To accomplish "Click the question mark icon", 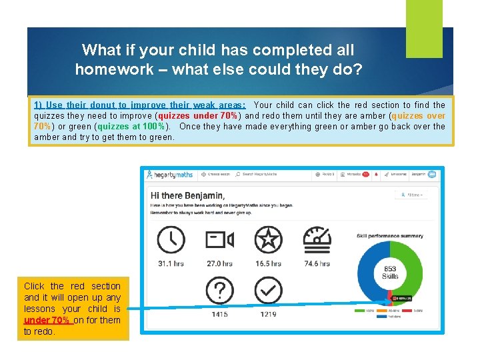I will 219,291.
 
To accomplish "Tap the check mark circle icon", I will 268,291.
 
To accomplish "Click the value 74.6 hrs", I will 317,263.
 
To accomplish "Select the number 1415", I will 219,314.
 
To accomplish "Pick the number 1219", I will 268,314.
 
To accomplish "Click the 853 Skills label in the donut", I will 390,273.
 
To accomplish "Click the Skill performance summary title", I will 389,235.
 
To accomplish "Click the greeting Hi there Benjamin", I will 188,195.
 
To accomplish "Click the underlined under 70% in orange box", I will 47,320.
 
